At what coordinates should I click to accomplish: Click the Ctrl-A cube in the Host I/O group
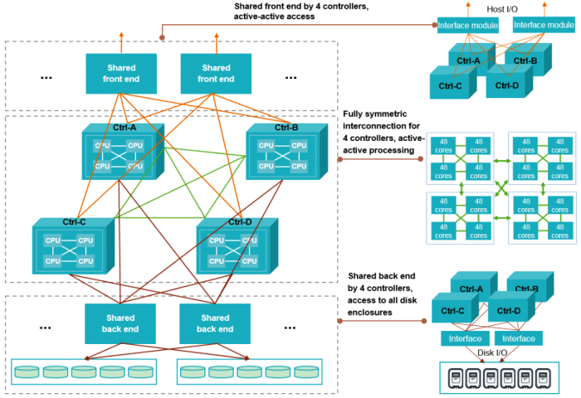469,60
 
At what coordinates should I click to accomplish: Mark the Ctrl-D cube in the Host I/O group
508,84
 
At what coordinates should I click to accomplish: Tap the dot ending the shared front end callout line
163,36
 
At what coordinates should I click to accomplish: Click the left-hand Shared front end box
121,74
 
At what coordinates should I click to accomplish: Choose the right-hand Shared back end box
216,323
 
